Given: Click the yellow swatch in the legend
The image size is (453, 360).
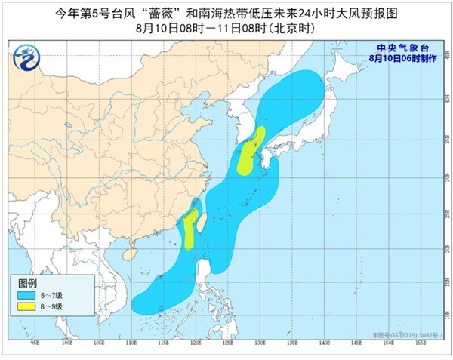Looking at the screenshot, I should [26, 306].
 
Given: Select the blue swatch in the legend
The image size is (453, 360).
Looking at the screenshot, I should [26, 294].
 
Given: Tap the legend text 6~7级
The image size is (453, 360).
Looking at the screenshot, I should [50, 294].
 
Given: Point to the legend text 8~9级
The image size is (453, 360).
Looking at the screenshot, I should [50, 306].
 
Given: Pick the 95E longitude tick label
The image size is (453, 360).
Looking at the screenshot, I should [35, 342].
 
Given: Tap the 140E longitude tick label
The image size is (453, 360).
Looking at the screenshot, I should [324, 342].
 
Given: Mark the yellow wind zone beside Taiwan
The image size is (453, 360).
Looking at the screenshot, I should [190, 229].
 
